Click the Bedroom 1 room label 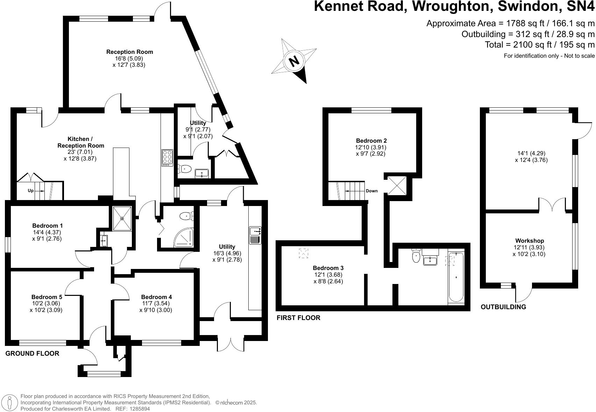click(47, 226)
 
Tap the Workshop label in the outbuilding click(529, 241)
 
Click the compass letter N click(294, 61)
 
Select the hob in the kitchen click(167, 158)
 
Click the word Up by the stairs click(31, 191)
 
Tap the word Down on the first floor click(371, 191)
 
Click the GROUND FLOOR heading click(32, 354)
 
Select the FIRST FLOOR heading click(298, 318)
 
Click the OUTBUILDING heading click(503, 307)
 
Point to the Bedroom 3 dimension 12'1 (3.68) click(328, 275)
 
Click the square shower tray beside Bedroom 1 click(122, 218)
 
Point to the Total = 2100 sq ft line click(539, 45)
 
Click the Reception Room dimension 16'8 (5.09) click(129, 58)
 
